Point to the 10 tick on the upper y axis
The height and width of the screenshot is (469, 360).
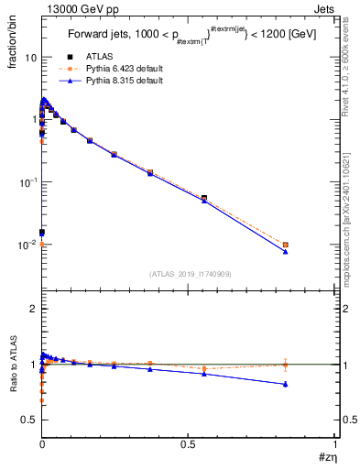(28, 57)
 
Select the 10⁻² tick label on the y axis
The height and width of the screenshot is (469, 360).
(27, 245)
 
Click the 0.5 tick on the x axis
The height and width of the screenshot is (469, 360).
(189, 443)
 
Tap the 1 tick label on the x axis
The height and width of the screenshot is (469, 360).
(336, 443)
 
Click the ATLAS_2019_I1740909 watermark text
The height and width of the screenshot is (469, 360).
(189, 274)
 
